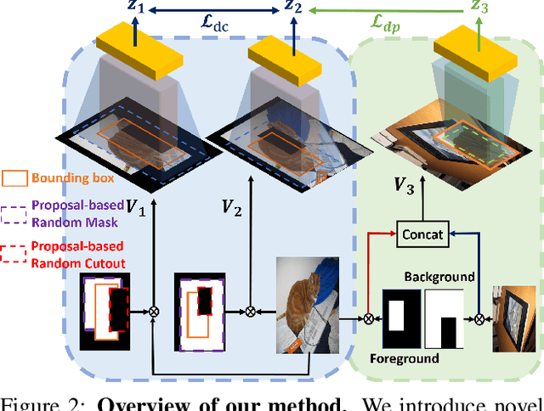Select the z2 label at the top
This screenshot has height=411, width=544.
(x=293, y=10)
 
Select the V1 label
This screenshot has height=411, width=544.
(x=134, y=205)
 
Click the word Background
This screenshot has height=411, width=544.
(x=439, y=277)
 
